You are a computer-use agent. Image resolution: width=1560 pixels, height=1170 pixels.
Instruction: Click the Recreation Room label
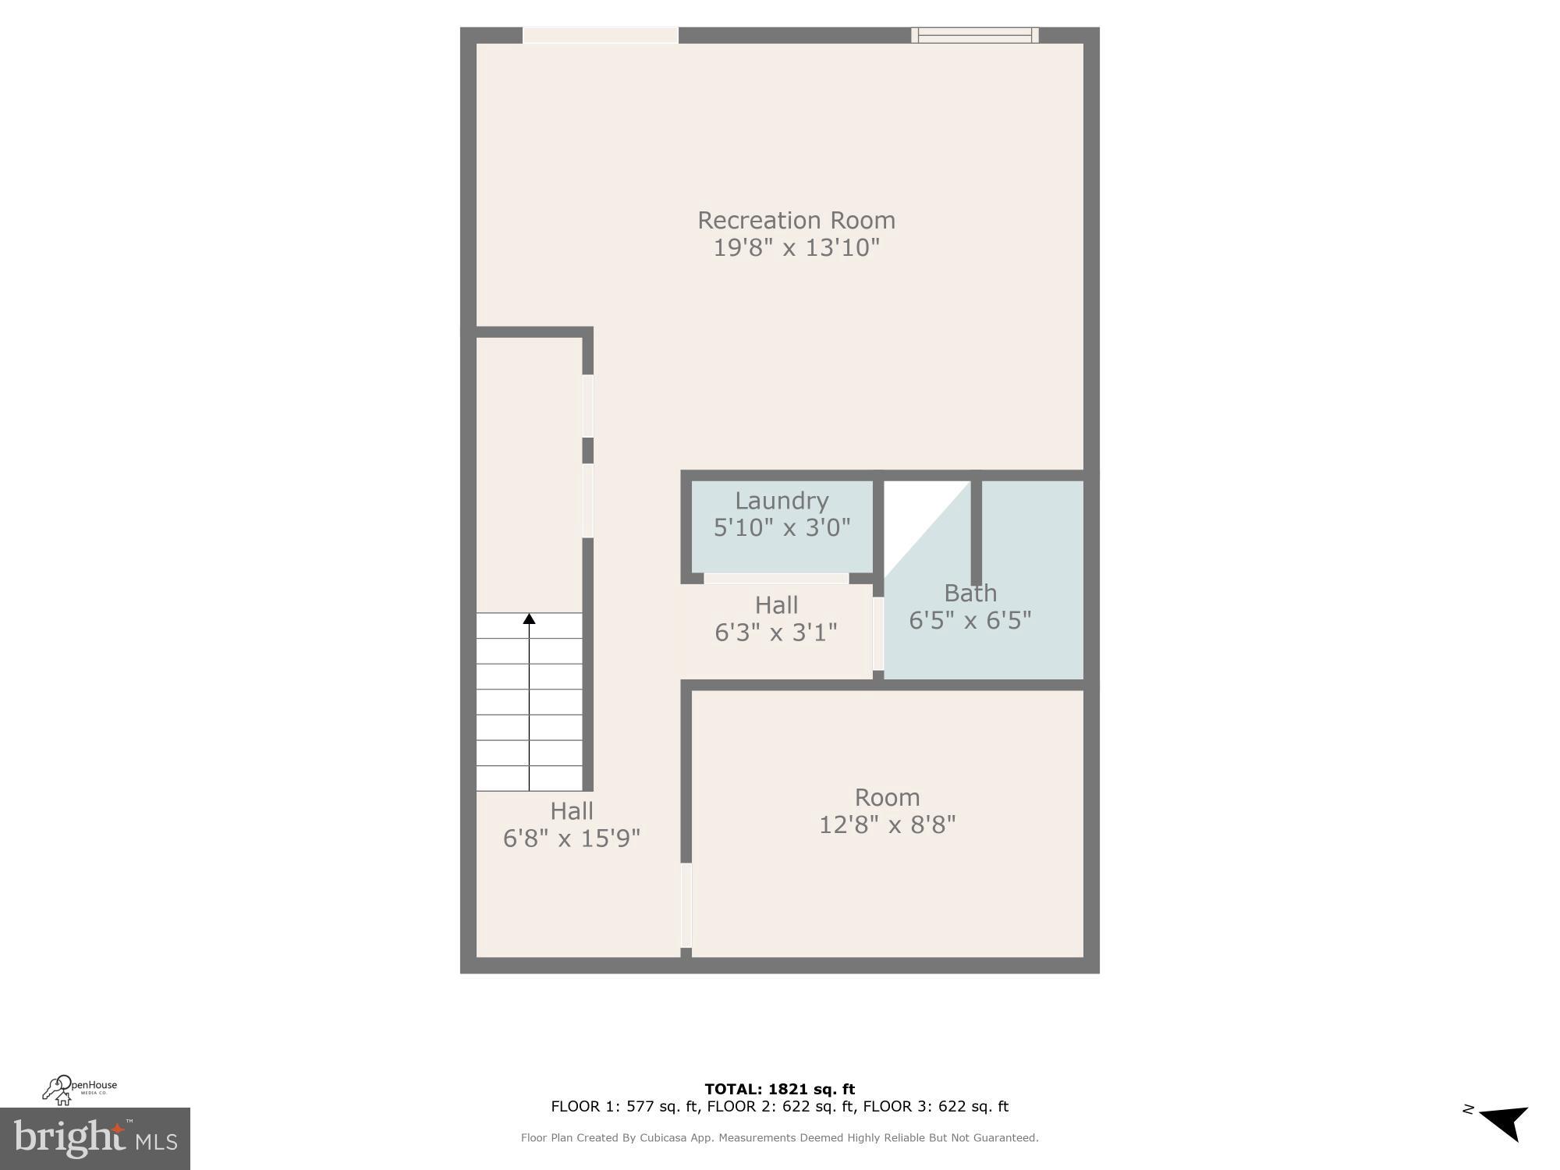(796, 220)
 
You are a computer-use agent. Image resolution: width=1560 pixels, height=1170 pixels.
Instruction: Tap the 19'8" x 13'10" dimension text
(796, 248)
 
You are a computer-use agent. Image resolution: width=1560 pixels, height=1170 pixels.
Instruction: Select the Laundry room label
(782, 501)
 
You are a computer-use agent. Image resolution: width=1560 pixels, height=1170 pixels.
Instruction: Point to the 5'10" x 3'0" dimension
(782, 528)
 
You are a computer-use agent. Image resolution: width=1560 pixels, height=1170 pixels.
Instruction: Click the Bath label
(970, 594)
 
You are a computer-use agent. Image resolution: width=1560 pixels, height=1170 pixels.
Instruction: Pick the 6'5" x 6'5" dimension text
(970, 621)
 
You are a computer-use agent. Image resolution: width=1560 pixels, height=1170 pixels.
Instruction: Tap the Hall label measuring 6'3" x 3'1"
(776, 605)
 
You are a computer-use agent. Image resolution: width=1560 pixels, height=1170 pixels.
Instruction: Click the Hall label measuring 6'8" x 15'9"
(572, 811)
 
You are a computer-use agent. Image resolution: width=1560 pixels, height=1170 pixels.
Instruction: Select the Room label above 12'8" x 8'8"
(887, 797)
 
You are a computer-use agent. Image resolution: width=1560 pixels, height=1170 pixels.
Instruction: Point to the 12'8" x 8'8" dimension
(887, 824)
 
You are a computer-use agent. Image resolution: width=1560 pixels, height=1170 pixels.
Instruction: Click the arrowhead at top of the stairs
(529, 619)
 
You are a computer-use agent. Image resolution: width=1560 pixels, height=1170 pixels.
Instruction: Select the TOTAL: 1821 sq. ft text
(779, 1089)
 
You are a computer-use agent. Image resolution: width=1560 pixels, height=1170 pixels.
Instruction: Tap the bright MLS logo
(94, 1138)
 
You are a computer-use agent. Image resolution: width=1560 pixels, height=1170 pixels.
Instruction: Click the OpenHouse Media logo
(80, 1090)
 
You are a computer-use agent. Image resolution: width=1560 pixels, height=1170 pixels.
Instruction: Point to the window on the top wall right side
(974, 35)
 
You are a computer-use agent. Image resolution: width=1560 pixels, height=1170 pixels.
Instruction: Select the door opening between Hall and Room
(686, 905)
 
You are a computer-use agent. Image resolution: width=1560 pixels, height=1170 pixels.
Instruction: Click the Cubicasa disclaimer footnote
(779, 1138)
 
